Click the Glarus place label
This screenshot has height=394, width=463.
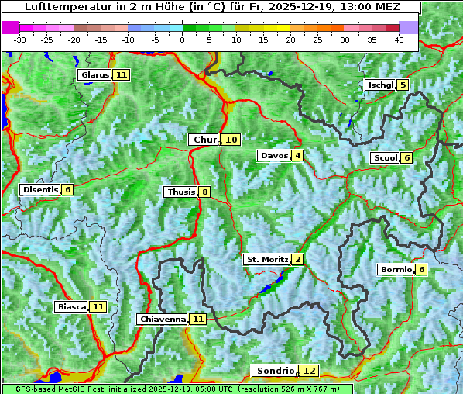click(94, 75)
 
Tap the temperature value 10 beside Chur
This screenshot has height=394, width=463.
click(231, 140)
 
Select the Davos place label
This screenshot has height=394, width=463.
click(274, 156)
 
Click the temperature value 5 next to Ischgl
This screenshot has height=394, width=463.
click(403, 85)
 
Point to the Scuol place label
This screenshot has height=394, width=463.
click(386, 158)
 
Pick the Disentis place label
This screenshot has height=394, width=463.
click(40, 190)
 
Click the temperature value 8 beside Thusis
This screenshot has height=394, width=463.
click(204, 192)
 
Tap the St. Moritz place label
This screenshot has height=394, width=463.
click(266, 259)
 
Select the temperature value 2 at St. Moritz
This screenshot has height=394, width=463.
click(297, 259)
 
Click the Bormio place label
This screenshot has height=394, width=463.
click(395, 270)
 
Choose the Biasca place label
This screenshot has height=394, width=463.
click(71, 307)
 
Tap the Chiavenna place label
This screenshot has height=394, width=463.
click(163, 319)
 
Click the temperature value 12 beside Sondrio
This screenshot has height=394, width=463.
click(309, 371)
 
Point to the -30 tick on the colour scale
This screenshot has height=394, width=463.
click(20, 40)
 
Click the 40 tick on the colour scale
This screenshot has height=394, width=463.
click(399, 40)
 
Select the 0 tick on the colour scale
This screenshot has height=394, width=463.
click(182, 40)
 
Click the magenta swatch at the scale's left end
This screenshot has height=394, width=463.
click(11, 27)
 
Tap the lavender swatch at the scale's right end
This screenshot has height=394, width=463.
click(409, 27)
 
